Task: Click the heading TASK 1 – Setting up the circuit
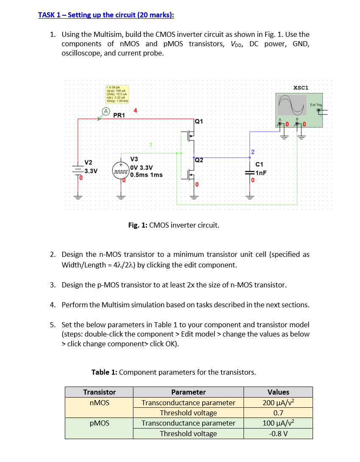[106, 15]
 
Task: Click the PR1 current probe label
[119, 115]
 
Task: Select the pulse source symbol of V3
[120, 170]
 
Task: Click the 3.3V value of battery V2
[91, 171]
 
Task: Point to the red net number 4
[135, 111]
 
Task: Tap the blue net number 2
[252, 152]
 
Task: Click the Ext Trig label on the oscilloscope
[316, 105]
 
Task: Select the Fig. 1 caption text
[174, 225]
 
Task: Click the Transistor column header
[99, 392]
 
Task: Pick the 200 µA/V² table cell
[278, 402]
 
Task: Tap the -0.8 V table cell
[278, 433]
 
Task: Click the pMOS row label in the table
[99, 423]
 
